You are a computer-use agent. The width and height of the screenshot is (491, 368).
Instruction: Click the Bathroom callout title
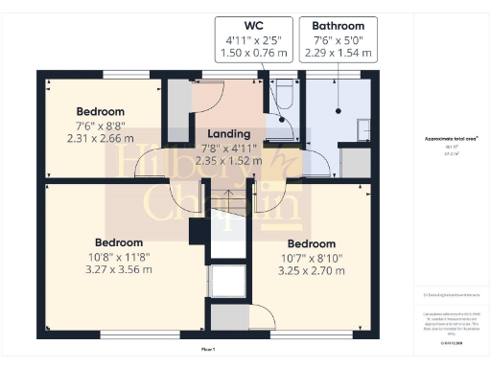coord(338,25)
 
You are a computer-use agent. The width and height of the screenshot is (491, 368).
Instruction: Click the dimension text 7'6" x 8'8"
coord(101,125)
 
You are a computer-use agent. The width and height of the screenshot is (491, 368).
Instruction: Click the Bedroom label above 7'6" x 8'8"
coord(101,111)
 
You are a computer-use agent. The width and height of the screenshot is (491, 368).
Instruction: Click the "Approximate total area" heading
coord(451,138)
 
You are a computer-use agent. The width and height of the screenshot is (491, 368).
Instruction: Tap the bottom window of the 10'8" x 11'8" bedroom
coord(124,334)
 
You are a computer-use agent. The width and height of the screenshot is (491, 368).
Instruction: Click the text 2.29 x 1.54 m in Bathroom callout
coord(338,55)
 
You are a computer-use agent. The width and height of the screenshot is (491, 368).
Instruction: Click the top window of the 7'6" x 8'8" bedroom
coord(119,73)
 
